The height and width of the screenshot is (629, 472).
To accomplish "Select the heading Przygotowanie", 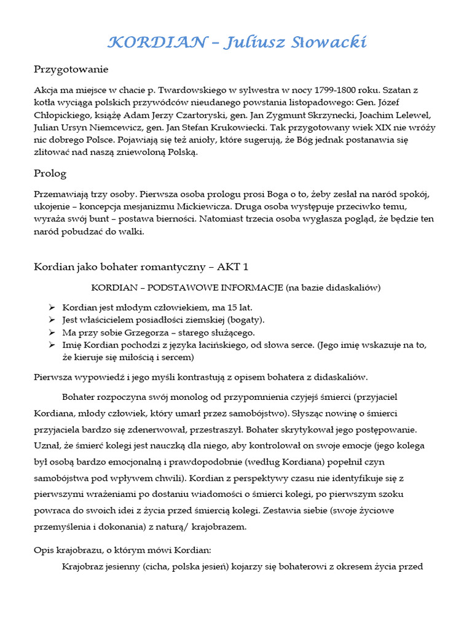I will [x=71, y=69].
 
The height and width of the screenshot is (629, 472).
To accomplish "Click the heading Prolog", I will [x=50, y=173].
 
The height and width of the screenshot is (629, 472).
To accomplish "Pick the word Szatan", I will [x=401, y=90].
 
